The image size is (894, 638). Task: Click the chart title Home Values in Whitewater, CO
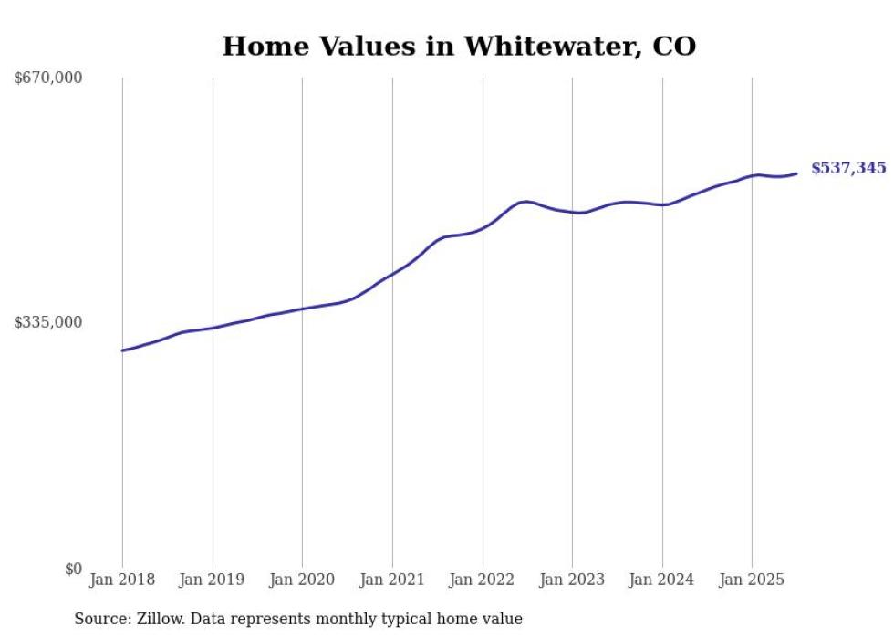click(459, 46)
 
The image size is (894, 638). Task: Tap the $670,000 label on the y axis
click(48, 78)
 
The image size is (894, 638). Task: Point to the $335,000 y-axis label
click(48, 322)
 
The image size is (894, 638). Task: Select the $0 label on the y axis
click(73, 569)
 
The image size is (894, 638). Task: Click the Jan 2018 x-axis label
click(122, 580)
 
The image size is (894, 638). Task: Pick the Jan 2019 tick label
click(213, 580)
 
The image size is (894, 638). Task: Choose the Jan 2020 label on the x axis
click(302, 580)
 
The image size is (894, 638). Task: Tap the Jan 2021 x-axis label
click(392, 580)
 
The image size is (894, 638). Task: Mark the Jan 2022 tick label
click(483, 580)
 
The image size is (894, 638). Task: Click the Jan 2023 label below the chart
click(572, 580)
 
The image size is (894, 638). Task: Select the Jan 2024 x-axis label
click(662, 580)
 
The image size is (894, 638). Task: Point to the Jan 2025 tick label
click(752, 580)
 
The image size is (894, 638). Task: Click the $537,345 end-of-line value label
click(848, 168)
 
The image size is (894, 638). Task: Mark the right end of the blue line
click(796, 173)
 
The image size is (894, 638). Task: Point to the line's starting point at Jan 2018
click(122, 350)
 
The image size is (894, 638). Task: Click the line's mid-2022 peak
click(527, 201)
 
